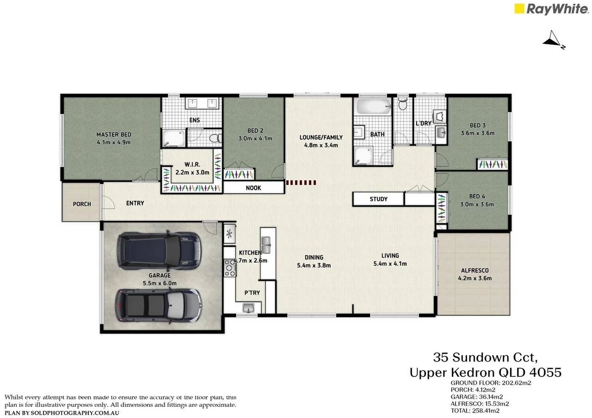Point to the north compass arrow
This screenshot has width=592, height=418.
click(x=553, y=40)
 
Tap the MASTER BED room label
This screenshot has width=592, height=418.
click(x=114, y=135)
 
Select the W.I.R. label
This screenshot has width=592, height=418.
click(x=191, y=164)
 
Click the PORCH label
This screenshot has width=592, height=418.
click(x=82, y=204)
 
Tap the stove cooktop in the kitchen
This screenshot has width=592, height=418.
click(x=229, y=268)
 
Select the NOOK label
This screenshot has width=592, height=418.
click(x=253, y=188)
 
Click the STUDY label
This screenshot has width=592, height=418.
click(x=378, y=199)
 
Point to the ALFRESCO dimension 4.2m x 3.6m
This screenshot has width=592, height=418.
click(x=475, y=278)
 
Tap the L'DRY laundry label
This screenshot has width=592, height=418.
click(x=423, y=123)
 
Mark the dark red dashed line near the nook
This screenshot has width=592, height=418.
click(x=301, y=183)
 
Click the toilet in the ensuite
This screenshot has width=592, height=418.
click(x=214, y=138)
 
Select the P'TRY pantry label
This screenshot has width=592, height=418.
click(x=252, y=293)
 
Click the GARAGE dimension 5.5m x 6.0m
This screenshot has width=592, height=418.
click(x=160, y=283)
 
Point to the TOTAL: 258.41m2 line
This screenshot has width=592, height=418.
click(x=475, y=410)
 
